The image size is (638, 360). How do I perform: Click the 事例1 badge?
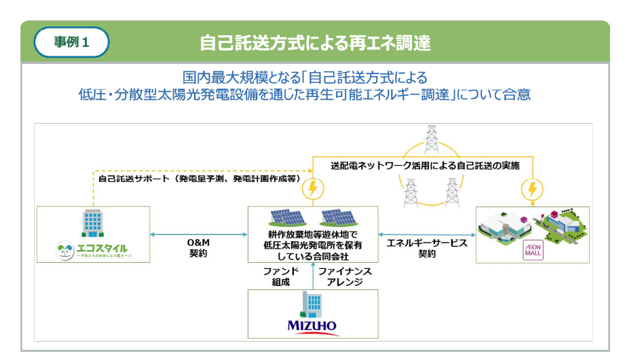pyautogui.click(x=71, y=41)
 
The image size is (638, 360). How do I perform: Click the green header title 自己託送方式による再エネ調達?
pyautogui.click(x=315, y=42)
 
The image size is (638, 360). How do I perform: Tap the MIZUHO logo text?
pyautogui.click(x=312, y=325)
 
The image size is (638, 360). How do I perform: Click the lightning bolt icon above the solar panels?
pyautogui.click(x=313, y=187)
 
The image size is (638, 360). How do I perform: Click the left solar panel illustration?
pyautogui.click(x=288, y=217)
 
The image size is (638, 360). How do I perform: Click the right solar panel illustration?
pyautogui.click(x=337, y=217)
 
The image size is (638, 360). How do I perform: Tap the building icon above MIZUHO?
pyautogui.click(x=312, y=304)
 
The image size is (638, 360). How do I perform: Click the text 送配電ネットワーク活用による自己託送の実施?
pyautogui.click(x=425, y=165)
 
